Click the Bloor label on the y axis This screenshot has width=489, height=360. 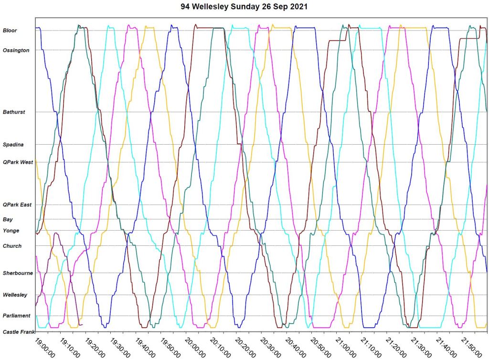[x=10, y=31]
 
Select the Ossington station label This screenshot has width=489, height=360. [x=16, y=50]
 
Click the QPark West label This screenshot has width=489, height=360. [x=18, y=162]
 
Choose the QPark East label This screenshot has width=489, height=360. [x=17, y=205]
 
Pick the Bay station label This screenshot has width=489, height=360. [x=8, y=220]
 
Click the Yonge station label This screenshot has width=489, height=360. [x=11, y=231]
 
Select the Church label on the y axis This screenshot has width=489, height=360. [x=12, y=246]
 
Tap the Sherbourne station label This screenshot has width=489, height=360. [x=18, y=273]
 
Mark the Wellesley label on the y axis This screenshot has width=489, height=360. [x=15, y=295]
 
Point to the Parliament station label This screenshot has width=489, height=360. [x=17, y=316]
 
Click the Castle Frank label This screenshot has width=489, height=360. [x=18, y=332]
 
